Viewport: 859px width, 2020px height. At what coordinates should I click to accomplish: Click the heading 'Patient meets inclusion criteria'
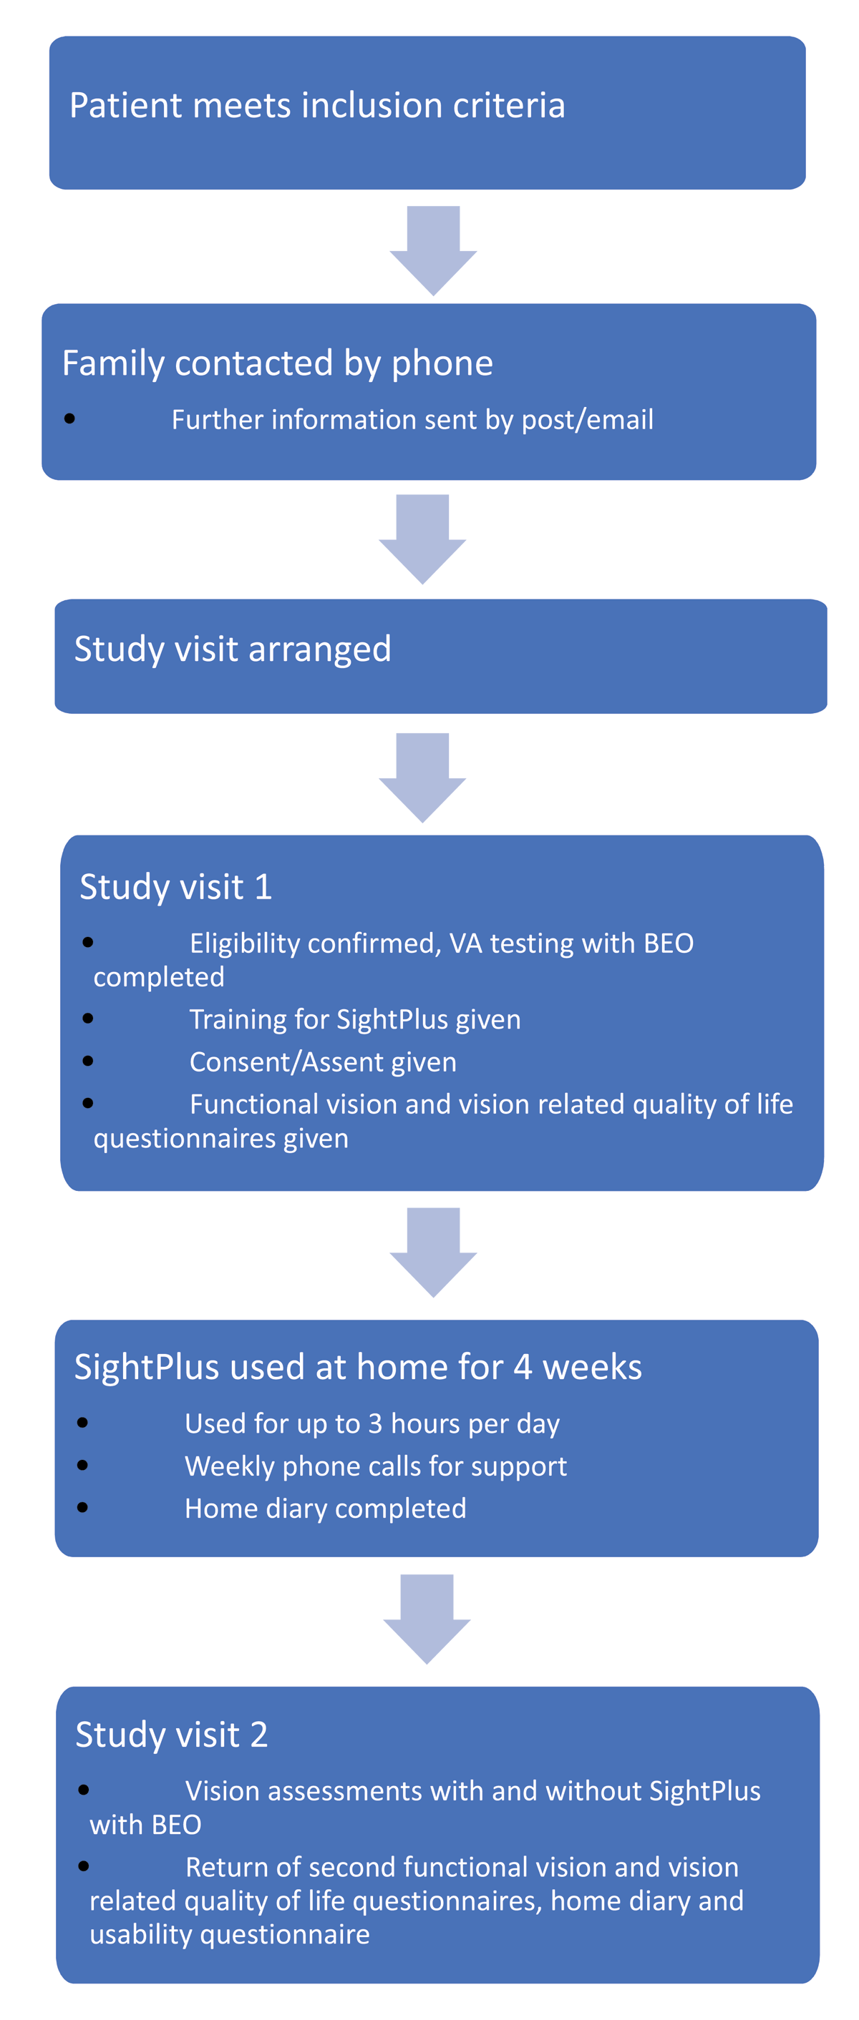coord(317,105)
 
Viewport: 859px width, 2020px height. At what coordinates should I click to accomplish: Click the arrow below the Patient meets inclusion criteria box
coord(433,250)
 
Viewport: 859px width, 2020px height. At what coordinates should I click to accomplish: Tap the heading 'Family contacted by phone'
coord(277,363)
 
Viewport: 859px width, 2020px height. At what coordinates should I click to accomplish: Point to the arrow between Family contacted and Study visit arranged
coord(422,539)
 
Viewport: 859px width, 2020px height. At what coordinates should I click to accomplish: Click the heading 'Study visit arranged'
coord(232,649)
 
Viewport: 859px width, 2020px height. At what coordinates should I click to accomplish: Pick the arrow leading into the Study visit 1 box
coord(422,777)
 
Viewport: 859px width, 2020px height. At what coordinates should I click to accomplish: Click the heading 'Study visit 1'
coord(175,887)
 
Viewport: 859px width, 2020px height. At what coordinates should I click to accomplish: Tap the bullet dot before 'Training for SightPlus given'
coord(88,1019)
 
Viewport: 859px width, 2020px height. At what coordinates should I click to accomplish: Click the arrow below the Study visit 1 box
coord(433,1252)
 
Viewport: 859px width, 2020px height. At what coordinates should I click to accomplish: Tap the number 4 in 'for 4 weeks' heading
coord(523,1367)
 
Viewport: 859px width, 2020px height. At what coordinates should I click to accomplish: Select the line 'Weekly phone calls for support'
coord(375,1466)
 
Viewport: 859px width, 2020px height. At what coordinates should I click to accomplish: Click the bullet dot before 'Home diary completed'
coord(83,1507)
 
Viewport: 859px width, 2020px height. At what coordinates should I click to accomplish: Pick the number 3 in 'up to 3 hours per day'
coord(375,1423)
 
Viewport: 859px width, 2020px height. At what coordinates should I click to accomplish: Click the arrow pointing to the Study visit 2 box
coord(427,1618)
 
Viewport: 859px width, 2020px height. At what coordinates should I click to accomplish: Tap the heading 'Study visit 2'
coord(171,1734)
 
